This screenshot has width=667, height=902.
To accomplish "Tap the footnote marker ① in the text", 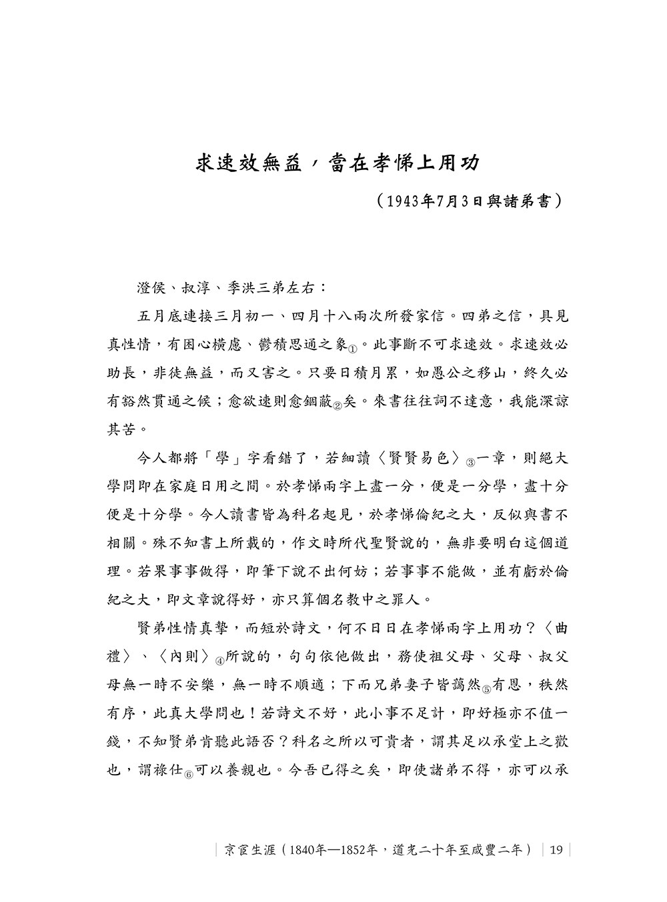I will coord(354,348).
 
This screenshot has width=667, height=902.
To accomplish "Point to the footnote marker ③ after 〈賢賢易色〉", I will coord(470,462).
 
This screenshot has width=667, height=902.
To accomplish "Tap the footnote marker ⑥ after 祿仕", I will coord(189,775).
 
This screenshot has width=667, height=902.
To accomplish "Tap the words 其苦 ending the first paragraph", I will coord(121,430).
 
